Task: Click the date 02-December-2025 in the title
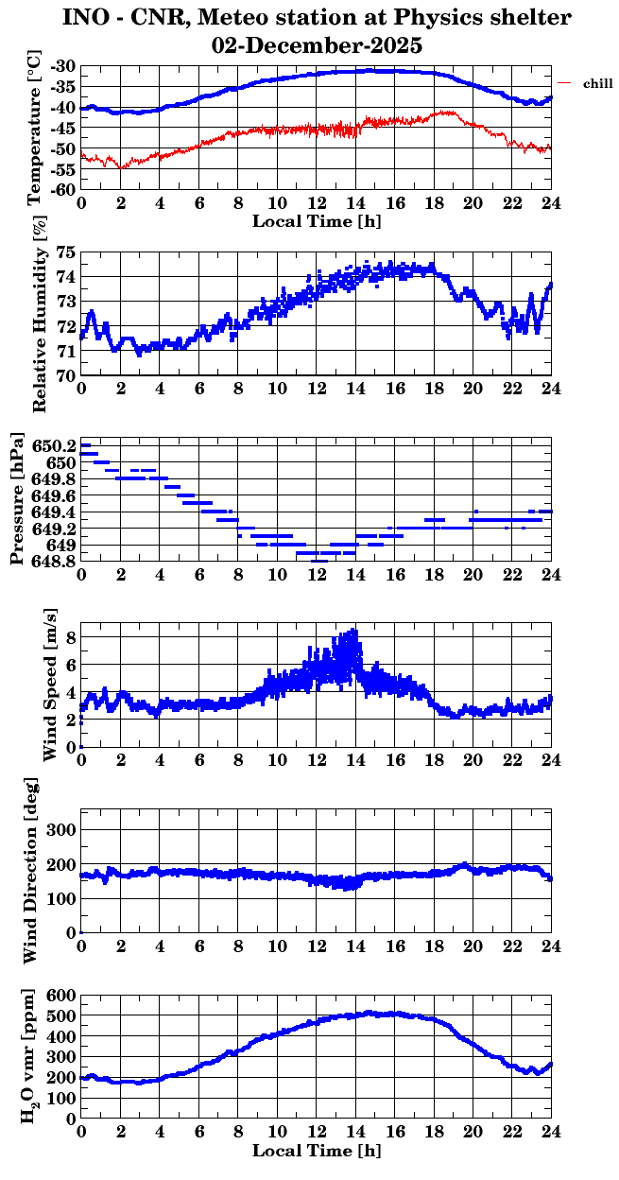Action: click(317, 45)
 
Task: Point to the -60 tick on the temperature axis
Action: click(63, 189)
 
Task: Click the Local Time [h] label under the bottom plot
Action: click(317, 1152)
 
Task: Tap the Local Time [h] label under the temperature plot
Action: click(317, 221)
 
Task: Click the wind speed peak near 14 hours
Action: click(354, 631)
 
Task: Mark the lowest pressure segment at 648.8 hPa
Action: click(319, 561)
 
